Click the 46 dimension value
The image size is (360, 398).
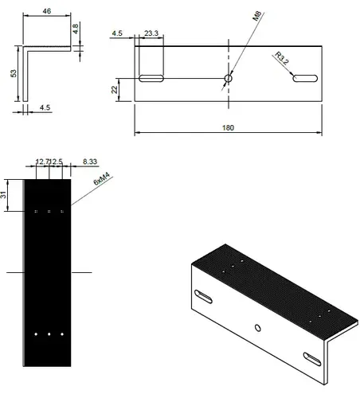point(46,11)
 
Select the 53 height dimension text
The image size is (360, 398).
point(14,73)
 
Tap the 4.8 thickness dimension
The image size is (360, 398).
point(76,29)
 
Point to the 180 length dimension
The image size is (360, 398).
point(228,128)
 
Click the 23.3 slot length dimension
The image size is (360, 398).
point(151,33)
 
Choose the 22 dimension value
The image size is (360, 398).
point(115,90)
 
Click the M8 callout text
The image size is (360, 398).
point(257,16)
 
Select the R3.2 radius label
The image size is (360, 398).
point(281,58)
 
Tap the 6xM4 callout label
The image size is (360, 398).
point(102,178)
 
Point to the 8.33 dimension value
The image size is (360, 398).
point(90,162)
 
